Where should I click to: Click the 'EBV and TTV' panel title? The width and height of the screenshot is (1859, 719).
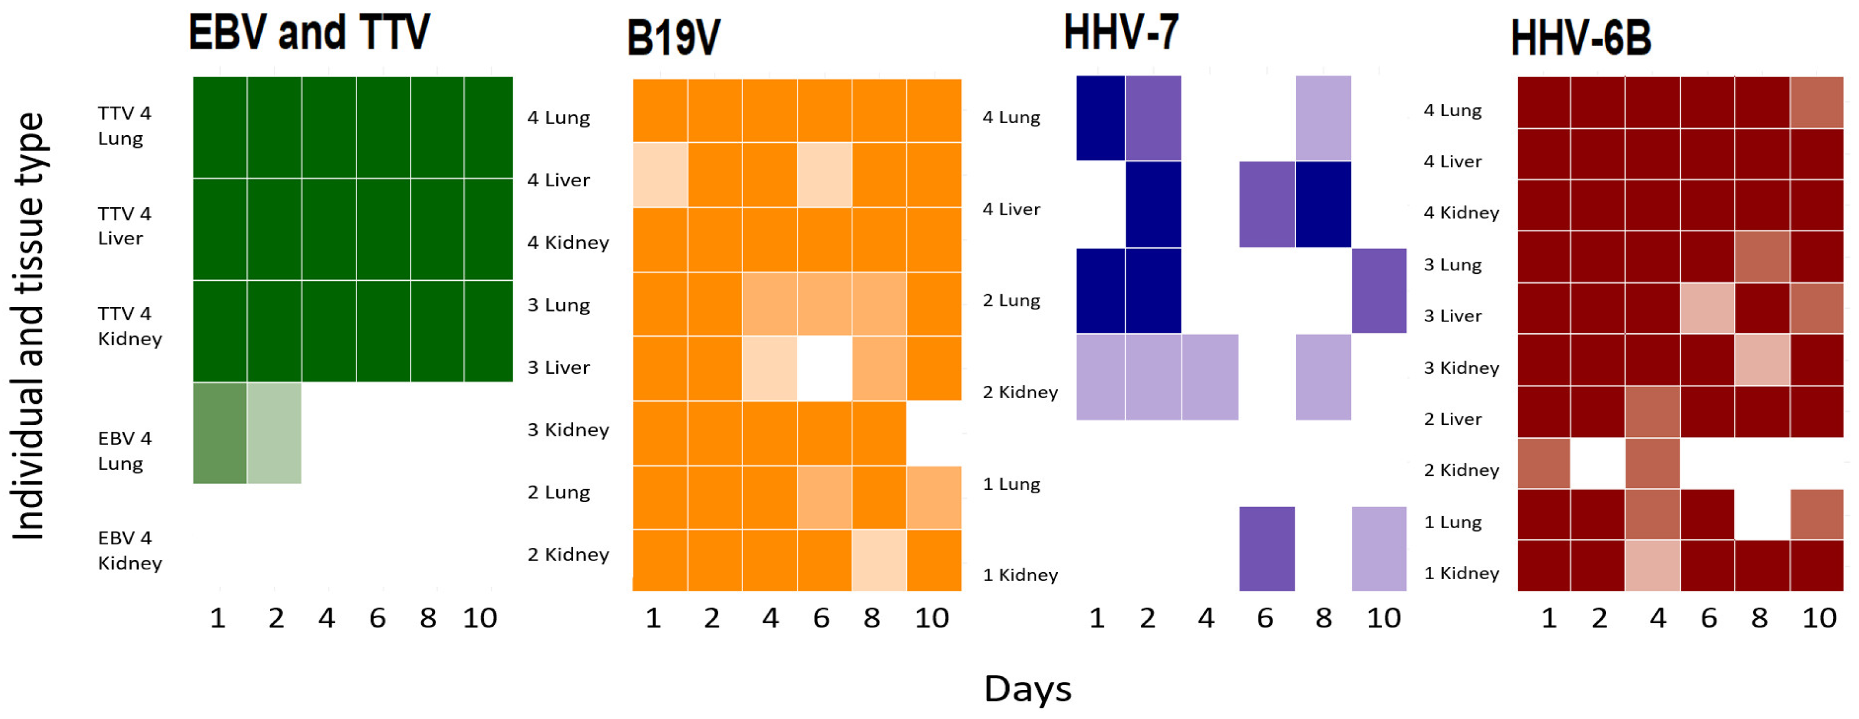(x=309, y=32)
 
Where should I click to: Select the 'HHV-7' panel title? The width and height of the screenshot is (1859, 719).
(x=1121, y=32)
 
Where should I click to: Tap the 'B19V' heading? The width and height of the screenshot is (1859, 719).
(x=673, y=38)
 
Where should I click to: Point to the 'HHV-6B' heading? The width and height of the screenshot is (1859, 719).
(x=1580, y=38)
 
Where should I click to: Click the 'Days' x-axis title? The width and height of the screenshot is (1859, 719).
(x=1027, y=689)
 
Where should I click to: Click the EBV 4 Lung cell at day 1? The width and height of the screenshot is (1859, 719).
(x=220, y=433)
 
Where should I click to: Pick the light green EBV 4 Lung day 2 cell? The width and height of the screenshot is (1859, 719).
(x=274, y=433)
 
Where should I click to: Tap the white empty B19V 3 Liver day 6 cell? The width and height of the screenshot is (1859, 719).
(x=824, y=368)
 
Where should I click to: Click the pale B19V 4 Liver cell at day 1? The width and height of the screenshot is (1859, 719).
(x=660, y=175)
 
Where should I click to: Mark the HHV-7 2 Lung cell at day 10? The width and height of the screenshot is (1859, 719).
(x=1378, y=291)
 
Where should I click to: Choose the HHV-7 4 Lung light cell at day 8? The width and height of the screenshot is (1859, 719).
(x=1323, y=118)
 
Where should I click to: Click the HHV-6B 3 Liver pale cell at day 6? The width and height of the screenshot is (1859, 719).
(x=1707, y=309)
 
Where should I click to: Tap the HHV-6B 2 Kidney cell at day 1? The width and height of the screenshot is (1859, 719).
(x=1544, y=463)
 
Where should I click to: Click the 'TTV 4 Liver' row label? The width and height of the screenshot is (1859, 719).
(x=124, y=226)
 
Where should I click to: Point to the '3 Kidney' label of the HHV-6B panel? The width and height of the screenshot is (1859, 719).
(x=1461, y=368)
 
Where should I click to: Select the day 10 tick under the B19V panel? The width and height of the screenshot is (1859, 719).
(x=931, y=618)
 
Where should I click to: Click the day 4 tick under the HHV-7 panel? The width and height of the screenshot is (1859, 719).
(x=1205, y=618)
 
